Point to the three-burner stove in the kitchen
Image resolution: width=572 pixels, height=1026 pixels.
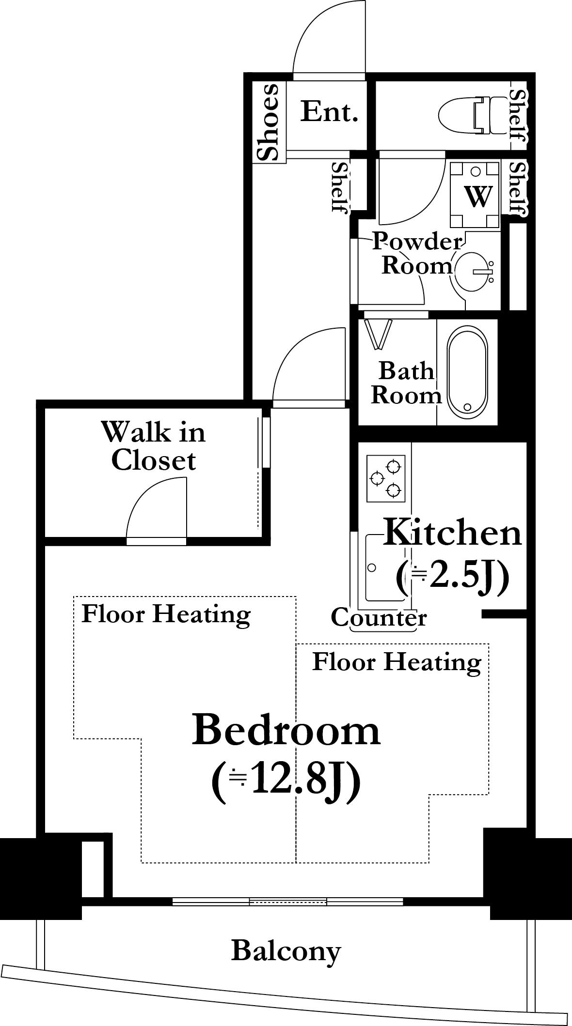coord(386,478)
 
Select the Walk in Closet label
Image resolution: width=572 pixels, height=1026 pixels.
coord(154,446)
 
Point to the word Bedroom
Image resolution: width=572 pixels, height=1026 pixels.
coord(286,730)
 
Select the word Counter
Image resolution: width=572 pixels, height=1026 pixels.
coord(379,617)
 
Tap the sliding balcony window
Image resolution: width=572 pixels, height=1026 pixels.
coord(288,902)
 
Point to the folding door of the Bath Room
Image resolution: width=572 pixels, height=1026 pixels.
coord(378,334)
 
